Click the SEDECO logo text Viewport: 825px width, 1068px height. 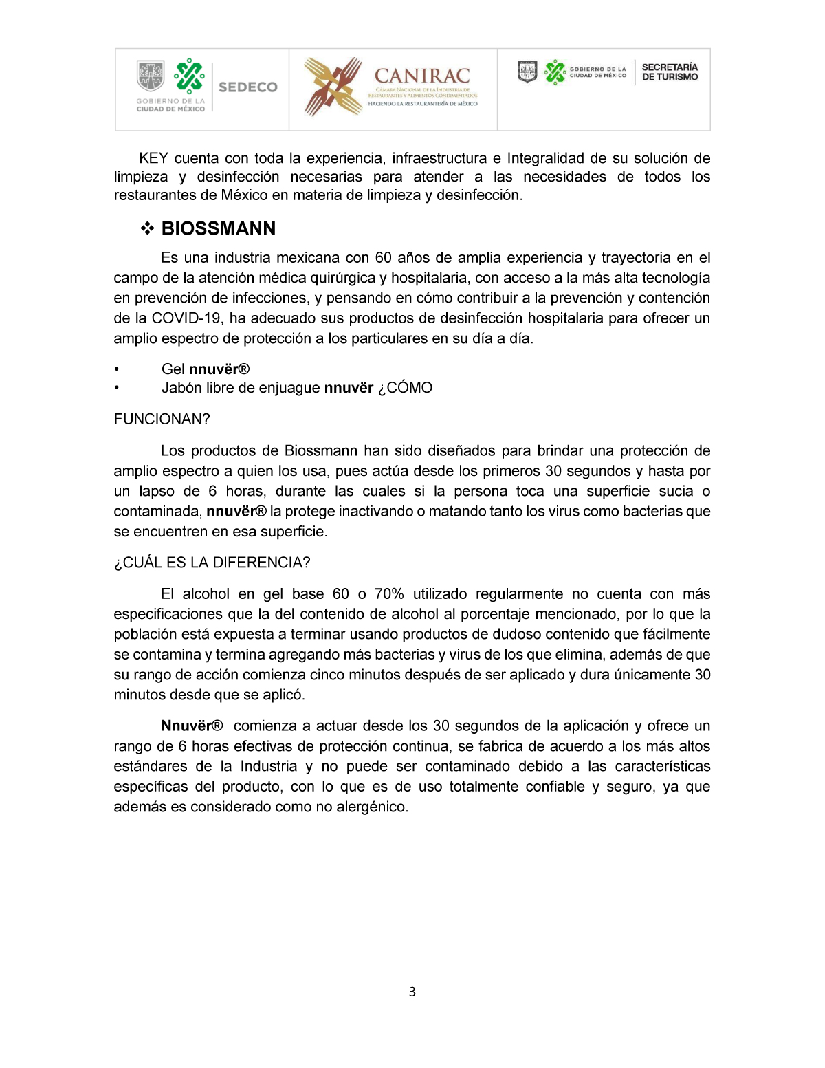(x=247, y=87)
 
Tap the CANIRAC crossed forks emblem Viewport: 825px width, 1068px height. (x=333, y=87)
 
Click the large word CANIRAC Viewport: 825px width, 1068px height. (x=422, y=76)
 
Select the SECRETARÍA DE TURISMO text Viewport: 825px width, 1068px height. (x=670, y=72)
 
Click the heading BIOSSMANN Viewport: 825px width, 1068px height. (x=218, y=229)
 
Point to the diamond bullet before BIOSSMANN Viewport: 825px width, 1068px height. (x=147, y=229)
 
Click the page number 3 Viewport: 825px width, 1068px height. (x=412, y=992)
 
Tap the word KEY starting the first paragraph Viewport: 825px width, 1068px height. (x=153, y=159)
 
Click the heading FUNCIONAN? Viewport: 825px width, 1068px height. (x=162, y=419)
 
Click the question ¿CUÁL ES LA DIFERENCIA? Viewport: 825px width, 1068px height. (x=212, y=563)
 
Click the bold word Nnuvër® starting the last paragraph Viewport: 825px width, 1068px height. (x=192, y=726)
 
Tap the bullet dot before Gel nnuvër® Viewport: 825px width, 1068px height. (x=117, y=370)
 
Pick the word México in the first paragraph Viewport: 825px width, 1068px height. (x=244, y=196)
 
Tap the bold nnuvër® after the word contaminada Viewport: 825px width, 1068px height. (x=236, y=512)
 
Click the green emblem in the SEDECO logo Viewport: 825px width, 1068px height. (x=189, y=76)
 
